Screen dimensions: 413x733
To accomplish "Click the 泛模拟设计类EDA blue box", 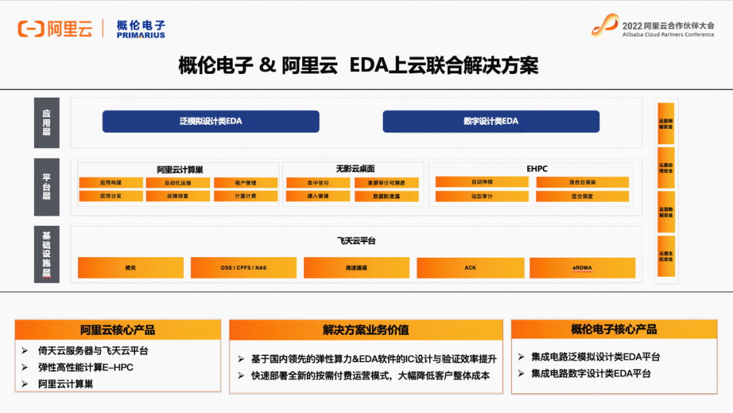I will coord(210,121).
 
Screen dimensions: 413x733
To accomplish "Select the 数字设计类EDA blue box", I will coord(491,121).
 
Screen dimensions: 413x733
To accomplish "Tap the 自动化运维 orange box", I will coord(178,183).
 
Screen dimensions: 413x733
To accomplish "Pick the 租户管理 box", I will coord(245,183).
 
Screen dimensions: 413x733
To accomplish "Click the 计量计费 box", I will coord(245,197).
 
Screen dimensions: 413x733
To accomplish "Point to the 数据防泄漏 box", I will coord(386,197).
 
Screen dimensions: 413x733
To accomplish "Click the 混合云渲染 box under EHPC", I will coord(582,182).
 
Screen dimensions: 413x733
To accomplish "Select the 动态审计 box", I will coord(482,197).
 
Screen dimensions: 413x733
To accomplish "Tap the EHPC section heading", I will coord(537,169).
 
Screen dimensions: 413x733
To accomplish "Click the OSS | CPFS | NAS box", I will coord(244,268).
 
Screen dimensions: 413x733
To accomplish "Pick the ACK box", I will coord(470,268).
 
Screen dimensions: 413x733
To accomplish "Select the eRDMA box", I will coord(582,268).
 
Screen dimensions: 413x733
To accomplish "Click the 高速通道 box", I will coord(356,268).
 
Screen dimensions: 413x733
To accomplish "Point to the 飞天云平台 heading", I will coord(356,241).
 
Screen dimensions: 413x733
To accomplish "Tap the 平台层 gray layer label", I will coord(47,187).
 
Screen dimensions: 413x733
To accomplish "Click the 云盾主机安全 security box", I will coord(666,256).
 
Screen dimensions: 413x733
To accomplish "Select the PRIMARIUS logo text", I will coord(140,35).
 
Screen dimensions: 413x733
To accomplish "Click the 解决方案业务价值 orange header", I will coord(366,330).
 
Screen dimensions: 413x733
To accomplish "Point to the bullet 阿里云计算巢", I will coord(66,384).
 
